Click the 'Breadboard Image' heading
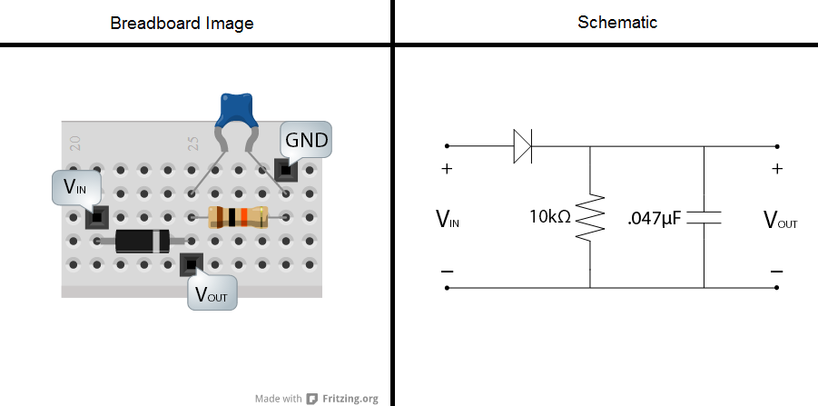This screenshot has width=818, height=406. pyautogui.click(x=182, y=23)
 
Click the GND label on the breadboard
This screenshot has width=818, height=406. pyautogui.click(x=306, y=141)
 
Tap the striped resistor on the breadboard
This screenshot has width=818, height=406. pyautogui.click(x=238, y=217)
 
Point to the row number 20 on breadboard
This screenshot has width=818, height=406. pyautogui.click(x=75, y=143)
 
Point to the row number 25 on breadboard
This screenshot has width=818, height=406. pyautogui.click(x=193, y=143)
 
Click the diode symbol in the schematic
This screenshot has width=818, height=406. pyautogui.click(x=524, y=146)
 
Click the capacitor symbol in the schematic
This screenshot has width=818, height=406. pyautogui.click(x=705, y=217)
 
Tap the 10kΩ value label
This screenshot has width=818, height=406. pyautogui.click(x=550, y=217)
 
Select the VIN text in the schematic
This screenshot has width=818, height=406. pyautogui.click(x=448, y=218)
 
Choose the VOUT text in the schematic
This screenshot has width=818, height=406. pyautogui.click(x=780, y=219)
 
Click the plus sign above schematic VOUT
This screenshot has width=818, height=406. pyautogui.click(x=777, y=169)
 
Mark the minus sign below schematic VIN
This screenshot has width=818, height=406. pyautogui.click(x=447, y=271)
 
